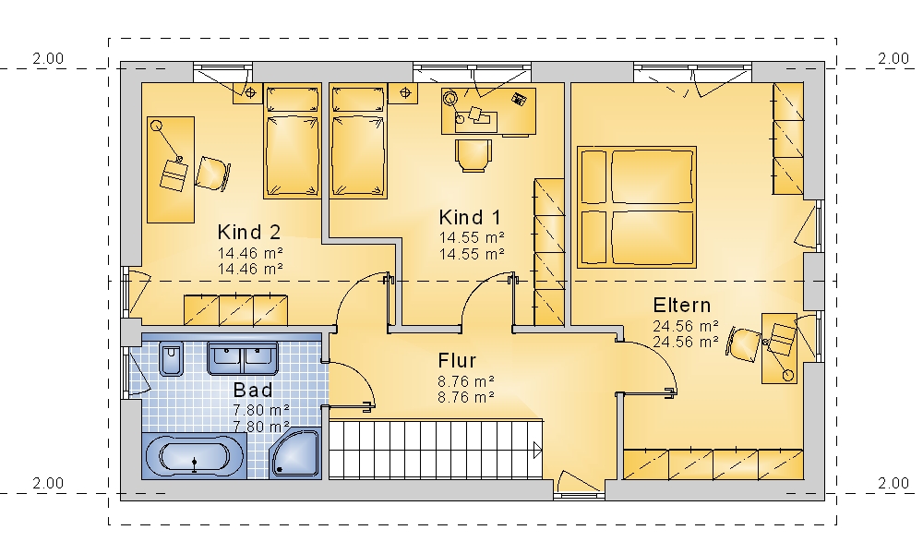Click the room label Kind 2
point(249,232)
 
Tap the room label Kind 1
point(470,217)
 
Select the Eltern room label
point(682,306)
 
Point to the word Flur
point(457,360)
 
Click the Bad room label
point(253,390)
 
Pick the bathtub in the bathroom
point(194,456)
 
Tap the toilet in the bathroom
point(172,358)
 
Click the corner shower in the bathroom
point(295,453)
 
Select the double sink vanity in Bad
point(243,358)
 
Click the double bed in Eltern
point(637,208)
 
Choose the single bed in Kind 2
point(293,141)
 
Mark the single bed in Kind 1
point(358,141)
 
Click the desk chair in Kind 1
point(473,155)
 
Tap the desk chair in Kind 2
point(212,174)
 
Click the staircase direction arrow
point(537,451)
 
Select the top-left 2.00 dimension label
point(48,58)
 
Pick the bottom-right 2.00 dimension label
point(893,483)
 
